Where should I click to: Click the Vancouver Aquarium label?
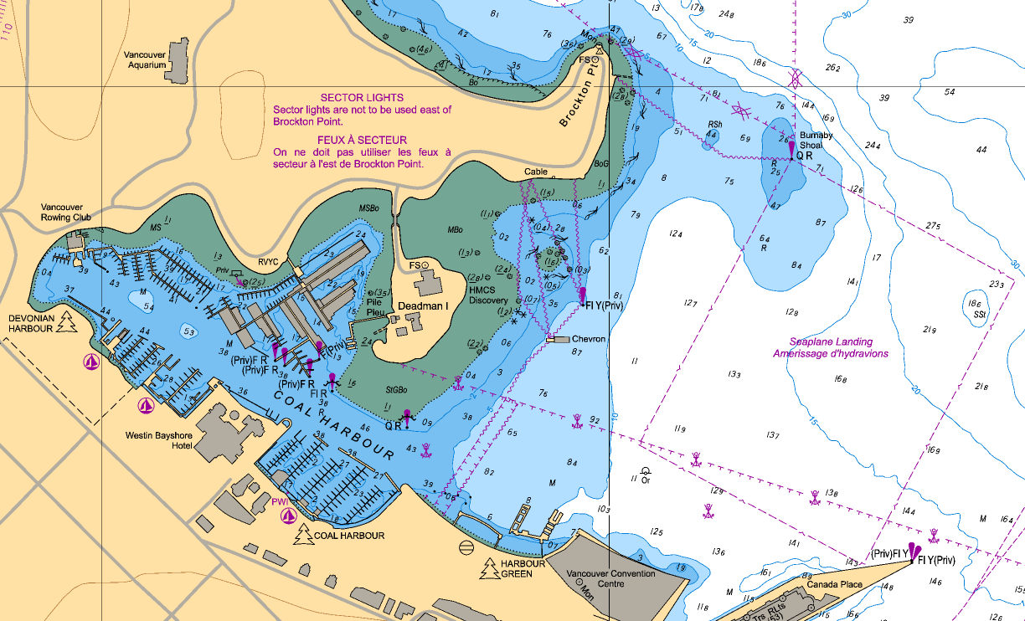click(145, 59)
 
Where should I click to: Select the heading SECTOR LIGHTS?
click(362, 98)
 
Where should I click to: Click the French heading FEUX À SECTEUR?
click(362, 140)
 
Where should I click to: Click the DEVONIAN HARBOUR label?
click(31, 324)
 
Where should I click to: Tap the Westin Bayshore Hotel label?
click(158, 440)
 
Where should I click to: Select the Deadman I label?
click(422, 306)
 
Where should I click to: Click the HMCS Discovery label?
click(488, 295)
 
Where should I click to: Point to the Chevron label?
click(589, 340)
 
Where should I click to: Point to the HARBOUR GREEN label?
click(523, 568)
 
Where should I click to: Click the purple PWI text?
click(280, 501)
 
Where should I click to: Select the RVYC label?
click(269, 260)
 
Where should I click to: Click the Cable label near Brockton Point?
click(536, 172)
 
